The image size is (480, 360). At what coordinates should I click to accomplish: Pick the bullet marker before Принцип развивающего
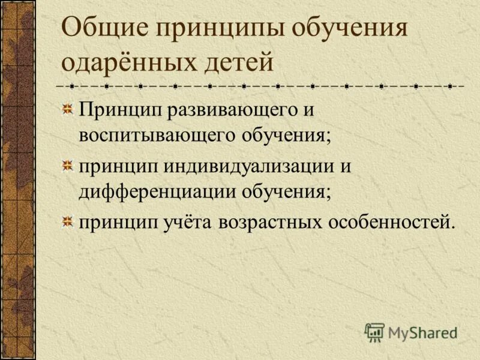(70, 110)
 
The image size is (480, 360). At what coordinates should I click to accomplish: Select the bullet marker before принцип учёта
(70, 223)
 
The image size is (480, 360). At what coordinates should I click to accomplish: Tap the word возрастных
(268, 223)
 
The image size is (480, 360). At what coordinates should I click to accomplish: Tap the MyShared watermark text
(423, 331)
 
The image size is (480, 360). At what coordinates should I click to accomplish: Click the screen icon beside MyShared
(374, 332)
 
